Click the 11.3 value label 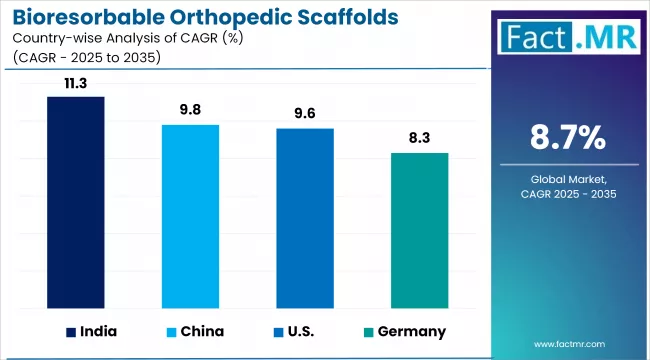coord(76,84)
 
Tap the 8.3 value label coord(419,140)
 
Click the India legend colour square coord(71,331)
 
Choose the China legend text coord(203,331)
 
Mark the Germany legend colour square coord(370,331)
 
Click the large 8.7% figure coord(567,138)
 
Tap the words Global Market coord(567,178)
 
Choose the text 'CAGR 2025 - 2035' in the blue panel coord(567,193)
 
